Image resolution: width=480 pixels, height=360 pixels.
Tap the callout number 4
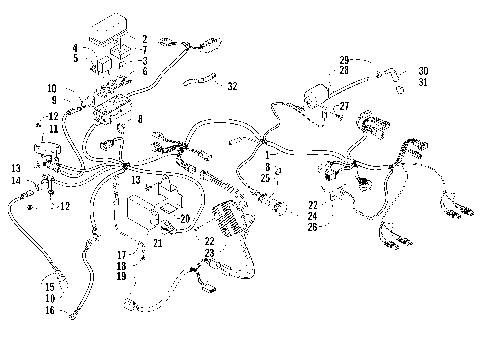pyautogui.click(x=75, y=48)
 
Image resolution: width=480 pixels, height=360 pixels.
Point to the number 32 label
pyautogui.click(x=232, y=87)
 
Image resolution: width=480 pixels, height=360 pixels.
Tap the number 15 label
pyautogui.click(x=49, y=287)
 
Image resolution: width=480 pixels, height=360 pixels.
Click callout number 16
pyautogui.click(x=49, y=311)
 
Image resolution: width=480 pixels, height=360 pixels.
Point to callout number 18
pyautogui.click(x=149, y=266)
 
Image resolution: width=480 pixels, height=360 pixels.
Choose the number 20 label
pyautogui.click(x=183, y=217)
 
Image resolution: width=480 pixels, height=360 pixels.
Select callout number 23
pyautogui.click(x=211, y=254)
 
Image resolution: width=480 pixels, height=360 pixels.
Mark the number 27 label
pyautogui.click(x=343, y=105)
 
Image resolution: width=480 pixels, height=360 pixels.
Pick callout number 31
pyautogui.click(x=423, y=82)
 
